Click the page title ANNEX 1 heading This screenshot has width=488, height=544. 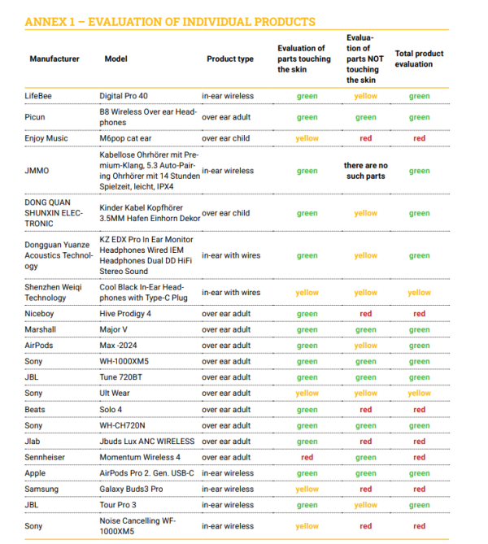[x=170, y=21]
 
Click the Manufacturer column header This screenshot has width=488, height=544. [x=54, y=59]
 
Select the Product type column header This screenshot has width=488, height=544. [x=230, y=59]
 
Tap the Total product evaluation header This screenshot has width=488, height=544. [x=419, y=59]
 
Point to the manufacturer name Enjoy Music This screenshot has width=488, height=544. [x=46, y=138]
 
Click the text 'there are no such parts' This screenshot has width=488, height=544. [x=365, y=171]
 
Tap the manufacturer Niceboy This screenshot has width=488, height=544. [x=41, y=314]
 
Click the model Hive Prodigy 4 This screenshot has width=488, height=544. [x=125, y=314]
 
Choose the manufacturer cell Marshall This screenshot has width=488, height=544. [x=41, y=329]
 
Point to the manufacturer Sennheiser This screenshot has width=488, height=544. [x=48, y=457]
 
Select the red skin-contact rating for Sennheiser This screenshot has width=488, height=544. [x=307, y=457]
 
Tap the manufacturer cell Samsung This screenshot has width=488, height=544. [x=42, y=489]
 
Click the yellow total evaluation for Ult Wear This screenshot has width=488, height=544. [x=419, y=394]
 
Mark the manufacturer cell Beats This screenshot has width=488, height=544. [x=35, y=409]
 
